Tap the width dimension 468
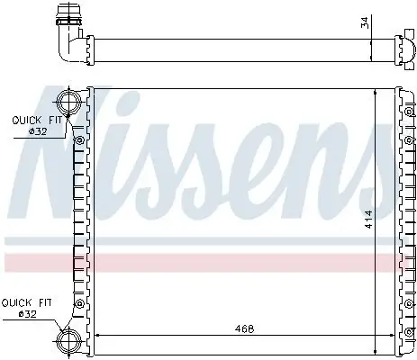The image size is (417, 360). (240, 328)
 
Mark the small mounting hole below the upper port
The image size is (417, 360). (80, 141)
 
